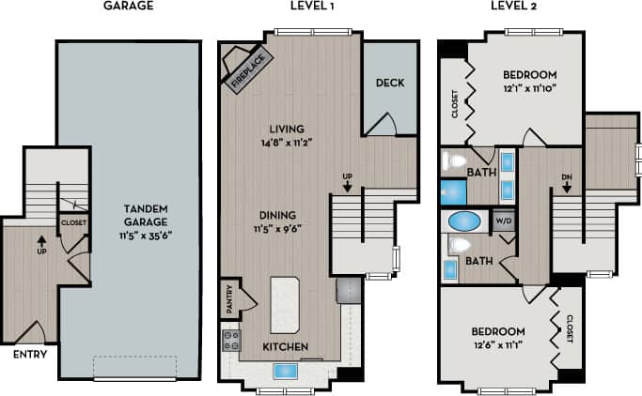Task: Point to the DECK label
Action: tap(389, 83)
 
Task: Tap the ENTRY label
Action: tap(28, 354)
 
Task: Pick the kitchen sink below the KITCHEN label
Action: tap(287, 371)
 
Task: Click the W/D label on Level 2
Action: tap(503, 221)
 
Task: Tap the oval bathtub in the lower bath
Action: tap(462, 223)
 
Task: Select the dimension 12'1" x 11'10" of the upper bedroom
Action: tap(530, 89)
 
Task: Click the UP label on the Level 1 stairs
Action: tap(347, 175)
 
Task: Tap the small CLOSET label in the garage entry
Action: tap(73, 223)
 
